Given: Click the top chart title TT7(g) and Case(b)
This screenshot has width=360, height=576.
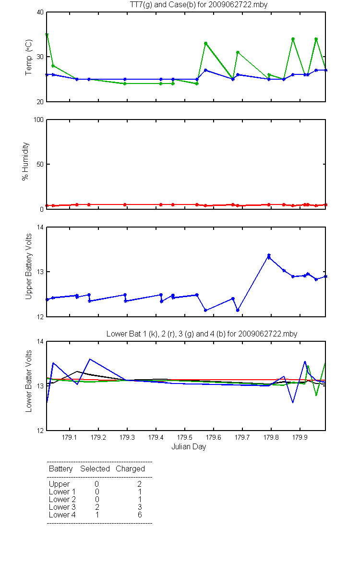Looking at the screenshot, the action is [199, 5].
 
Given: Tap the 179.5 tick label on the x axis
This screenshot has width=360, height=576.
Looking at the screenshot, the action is [185, 437].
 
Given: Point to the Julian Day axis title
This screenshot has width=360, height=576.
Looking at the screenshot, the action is [189, 447].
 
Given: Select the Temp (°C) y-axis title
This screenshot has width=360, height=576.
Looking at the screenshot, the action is [28, 57].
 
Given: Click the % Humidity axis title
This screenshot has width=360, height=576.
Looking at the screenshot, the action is [25, 161].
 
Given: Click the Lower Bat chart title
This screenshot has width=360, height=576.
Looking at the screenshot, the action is [202, 334].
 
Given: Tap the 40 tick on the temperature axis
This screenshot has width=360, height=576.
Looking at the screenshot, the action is [40, 12].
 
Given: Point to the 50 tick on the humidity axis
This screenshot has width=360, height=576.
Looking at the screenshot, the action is [40, 164].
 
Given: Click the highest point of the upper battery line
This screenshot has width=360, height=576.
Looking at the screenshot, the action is [269, 255].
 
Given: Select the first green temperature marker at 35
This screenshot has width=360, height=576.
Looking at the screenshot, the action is [47, 35].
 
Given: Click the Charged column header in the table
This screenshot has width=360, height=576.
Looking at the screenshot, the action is [130, 469].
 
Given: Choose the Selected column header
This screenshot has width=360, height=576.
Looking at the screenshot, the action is [95, 469].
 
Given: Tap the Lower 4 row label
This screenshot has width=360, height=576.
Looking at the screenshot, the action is [62, 515].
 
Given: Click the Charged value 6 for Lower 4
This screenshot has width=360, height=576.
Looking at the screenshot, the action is [140, 515].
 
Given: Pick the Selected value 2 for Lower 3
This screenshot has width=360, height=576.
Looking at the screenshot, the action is [97, 507].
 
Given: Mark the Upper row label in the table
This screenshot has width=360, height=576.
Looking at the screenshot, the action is [59, 484].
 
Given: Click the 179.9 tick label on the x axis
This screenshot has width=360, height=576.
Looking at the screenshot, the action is [300, 437].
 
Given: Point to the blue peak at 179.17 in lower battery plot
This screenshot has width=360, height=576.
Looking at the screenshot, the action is [89, 359].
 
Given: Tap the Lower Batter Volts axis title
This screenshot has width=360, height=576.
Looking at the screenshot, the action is [28, 381].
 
